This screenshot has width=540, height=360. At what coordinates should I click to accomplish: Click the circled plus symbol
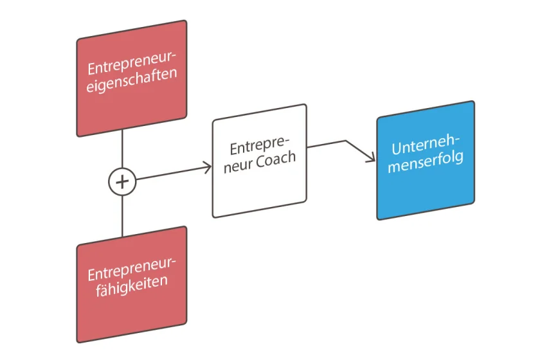click(122, 182)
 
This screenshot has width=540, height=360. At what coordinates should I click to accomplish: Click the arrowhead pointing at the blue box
click(372, 159)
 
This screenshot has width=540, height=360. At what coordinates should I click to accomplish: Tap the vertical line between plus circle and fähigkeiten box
click(122, 215)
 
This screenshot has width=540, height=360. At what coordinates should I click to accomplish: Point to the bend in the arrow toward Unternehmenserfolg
click(346, 141)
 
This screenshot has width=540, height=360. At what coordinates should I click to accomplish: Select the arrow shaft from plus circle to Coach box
click(170, 174)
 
